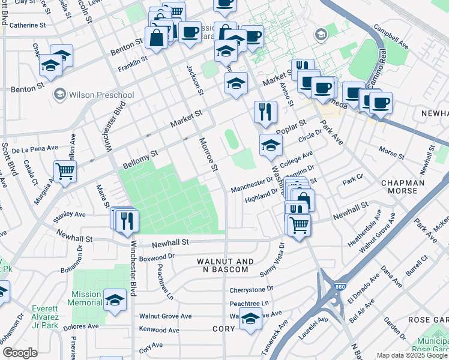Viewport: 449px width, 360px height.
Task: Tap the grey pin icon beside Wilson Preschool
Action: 59,94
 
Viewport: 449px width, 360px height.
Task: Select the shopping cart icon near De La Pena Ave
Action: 65,171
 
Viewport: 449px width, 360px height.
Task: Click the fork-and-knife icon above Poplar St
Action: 265,111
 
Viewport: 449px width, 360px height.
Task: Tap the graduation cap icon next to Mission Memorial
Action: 115,299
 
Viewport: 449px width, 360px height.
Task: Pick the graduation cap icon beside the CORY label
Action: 250,320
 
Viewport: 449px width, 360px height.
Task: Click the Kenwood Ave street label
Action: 159,330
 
